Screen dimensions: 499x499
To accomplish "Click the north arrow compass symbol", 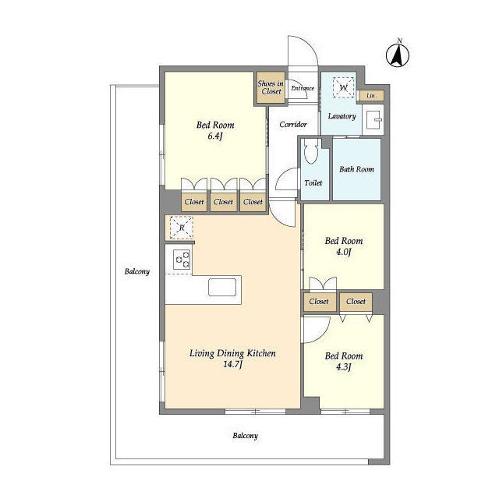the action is click(398, 55).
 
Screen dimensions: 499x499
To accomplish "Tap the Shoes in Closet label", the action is click(271, 87).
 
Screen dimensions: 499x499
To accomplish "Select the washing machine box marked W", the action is click(343, 87).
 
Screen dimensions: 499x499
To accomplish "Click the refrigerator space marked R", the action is click(182, 228).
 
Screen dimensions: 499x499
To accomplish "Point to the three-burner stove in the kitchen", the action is click(182, 260).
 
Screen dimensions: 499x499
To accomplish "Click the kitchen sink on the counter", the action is click(222, 287).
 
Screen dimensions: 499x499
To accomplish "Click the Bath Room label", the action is click(357, 169).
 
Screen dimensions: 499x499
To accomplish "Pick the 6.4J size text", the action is click(215, 136).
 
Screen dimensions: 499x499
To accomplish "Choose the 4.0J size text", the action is click(344, 252).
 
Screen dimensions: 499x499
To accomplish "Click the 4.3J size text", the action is click(344, 367).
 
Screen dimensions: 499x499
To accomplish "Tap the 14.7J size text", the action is click(232, 364).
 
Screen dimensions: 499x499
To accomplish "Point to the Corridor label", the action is click(293, 125).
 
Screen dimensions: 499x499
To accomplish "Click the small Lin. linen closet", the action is click(371, 95).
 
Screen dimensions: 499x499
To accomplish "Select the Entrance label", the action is click(303, 88).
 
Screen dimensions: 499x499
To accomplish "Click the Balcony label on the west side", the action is click(137, 272).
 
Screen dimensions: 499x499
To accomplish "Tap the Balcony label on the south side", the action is click(246, 436).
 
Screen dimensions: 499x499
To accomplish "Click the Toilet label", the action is click(313, 183).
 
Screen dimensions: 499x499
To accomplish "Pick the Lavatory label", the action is click(342, 116).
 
